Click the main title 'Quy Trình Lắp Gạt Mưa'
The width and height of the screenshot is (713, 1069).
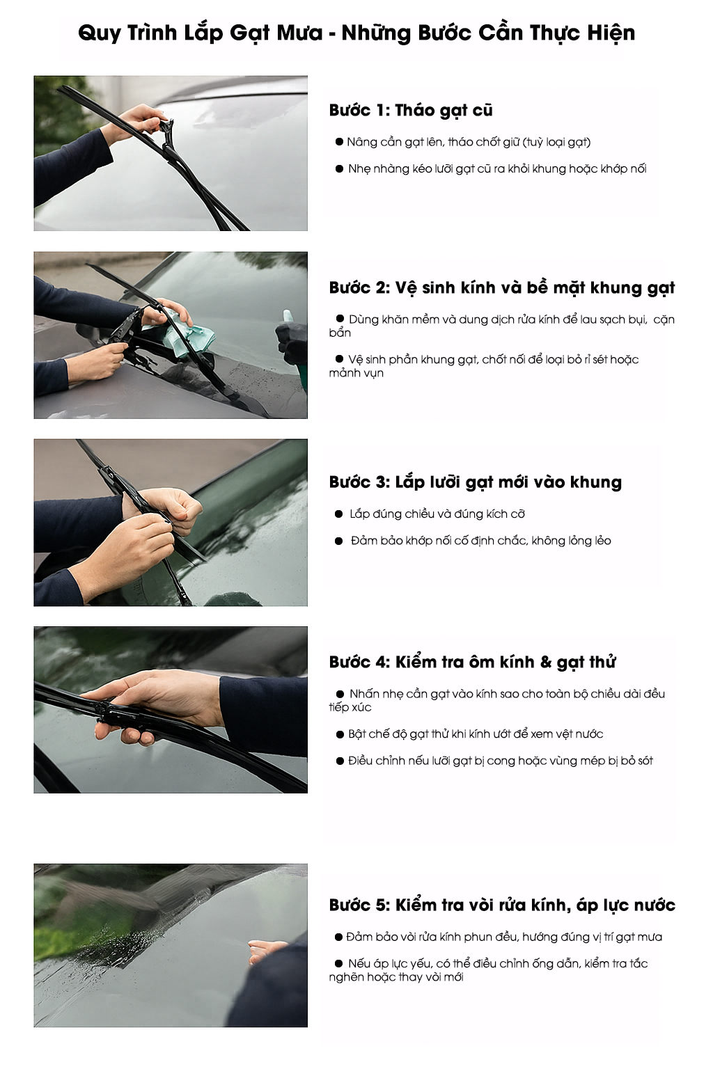(201, 33)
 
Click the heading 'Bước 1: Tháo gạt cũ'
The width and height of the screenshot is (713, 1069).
(411, 110)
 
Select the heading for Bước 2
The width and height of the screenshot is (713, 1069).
(502, 287)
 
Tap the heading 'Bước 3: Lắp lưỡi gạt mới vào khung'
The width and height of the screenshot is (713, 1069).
(475, 482)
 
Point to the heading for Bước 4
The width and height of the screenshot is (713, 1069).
(472, 662)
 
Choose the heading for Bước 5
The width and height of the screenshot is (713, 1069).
(502, 905)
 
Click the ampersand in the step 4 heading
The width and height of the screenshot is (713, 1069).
(545, 662)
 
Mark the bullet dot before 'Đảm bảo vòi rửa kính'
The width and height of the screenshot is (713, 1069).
(338, 937)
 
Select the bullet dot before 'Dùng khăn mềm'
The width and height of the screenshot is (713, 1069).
(340, 318)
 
